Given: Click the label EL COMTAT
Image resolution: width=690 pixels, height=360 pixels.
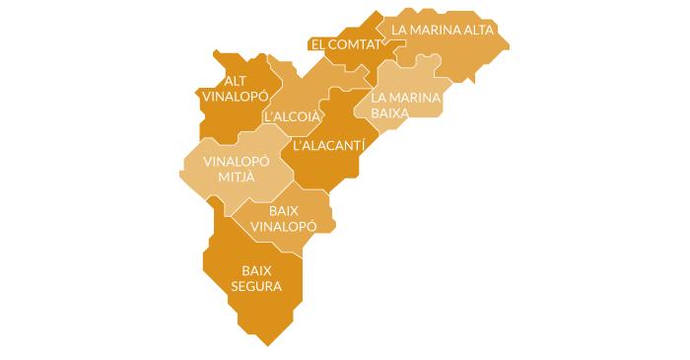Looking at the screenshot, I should (x=344, y=45).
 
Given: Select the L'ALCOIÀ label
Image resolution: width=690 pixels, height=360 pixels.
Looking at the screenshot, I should (x=293, y=116).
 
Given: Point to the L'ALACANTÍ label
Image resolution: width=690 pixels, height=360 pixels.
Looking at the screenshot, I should (x=329, y=145).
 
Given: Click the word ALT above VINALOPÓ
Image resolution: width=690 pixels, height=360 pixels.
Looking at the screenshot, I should (x=236, y=81).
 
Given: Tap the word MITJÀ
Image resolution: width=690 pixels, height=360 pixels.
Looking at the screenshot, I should (x=229, y=177).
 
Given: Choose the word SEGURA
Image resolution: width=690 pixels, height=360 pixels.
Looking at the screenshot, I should (x=255, y=287).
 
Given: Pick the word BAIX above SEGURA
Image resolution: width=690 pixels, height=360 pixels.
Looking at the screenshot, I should (x=256, y=270).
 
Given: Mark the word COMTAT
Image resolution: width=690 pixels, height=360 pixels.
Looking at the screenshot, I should (x=352, y=45).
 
